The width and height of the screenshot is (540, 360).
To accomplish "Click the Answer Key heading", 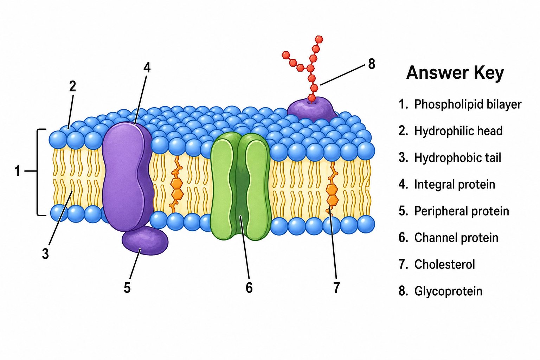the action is [455, 73].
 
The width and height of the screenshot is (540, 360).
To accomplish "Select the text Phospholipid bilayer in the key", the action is [468, 104].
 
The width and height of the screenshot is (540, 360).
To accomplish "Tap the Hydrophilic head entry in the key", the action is [458, 131].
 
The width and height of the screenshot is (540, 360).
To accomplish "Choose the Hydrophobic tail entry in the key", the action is [457, 158].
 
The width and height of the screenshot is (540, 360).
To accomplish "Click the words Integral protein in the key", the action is [455, 185].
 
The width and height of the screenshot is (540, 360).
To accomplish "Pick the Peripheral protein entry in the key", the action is [462, 211].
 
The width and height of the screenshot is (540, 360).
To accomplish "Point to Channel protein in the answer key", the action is [456, 238].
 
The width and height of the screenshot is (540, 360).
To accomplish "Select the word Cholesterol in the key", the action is [444, 264].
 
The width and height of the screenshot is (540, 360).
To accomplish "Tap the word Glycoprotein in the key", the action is [448, 291].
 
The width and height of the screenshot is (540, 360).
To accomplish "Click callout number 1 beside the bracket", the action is [17, 171].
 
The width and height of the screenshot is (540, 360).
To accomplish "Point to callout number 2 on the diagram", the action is [72, 86].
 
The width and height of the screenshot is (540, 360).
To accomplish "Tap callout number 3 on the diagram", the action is [45, 254].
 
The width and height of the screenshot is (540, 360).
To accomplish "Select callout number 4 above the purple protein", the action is [147, 67].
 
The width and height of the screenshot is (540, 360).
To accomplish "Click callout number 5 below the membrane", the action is [127, 288].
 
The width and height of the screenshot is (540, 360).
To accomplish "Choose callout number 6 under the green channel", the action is [249, 288].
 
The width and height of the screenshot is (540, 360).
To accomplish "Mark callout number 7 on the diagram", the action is [336, 288].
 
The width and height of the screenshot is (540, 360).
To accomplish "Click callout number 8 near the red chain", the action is [372, 64].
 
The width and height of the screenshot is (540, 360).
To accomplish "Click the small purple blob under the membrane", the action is [145, 240].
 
